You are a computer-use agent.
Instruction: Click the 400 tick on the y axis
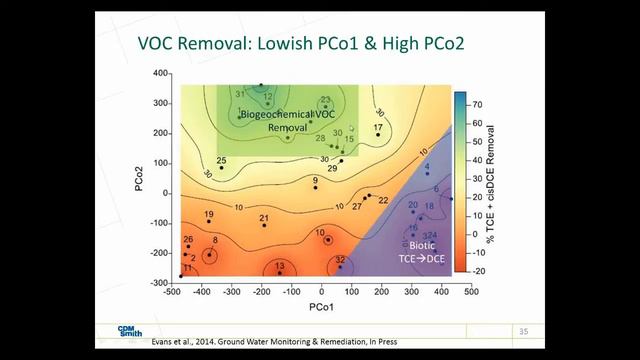[158, 75]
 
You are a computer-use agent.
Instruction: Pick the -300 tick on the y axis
[157, 284]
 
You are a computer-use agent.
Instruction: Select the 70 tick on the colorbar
[479, 103]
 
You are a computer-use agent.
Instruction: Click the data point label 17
[378, 128]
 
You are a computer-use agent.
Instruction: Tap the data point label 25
[221, 160]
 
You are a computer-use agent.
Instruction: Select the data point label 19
[208, 215]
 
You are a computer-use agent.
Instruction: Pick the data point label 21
[263, 218]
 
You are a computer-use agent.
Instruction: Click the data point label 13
[280, 266]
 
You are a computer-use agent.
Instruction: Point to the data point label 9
[315, 181]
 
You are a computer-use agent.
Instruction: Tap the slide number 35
[523, 331]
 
